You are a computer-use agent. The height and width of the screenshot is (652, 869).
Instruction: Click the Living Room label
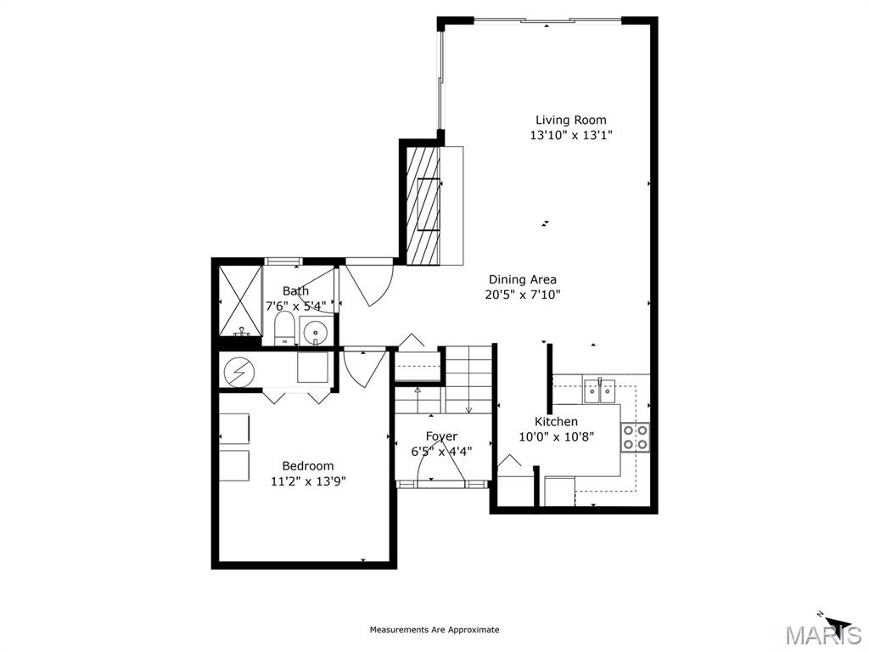pyautogui.click(x=571, y=120)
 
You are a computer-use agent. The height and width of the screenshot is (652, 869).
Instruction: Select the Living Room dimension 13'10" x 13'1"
pyautogui.click(x=571, y=135)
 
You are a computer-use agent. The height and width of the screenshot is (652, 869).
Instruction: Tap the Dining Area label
pyautogui.click(x=522, y=279)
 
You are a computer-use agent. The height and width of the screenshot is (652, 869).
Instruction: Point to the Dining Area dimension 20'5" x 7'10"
pyautogui.click(x=523, y=295)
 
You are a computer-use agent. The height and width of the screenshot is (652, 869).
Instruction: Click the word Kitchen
pyautogui.click(x=556, y=421)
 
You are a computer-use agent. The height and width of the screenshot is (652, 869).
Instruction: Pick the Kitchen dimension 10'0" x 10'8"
pyautogui.click(x=557, y=437)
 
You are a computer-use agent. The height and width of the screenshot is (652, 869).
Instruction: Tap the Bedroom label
pyautogui.click(x=308, y=466)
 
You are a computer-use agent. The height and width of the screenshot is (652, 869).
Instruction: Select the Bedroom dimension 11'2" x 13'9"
pyautogui.click(x=308, y=481)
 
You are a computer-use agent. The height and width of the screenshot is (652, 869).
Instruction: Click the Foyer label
pyautogui.click(x=441, y=436)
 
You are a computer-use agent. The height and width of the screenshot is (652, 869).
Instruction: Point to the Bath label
pyautogui.click(x=295, y=290)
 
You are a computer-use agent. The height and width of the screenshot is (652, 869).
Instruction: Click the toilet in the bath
pyautogui.click(x=284, y=328)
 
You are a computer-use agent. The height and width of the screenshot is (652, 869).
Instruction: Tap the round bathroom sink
pyautogui.click(x=315, y=332)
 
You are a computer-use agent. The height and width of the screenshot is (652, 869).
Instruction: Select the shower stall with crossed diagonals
pyautogui.click(x=240, y=301)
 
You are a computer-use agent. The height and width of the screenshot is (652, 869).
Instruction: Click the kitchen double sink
pyautogui.click(x=600, y=390)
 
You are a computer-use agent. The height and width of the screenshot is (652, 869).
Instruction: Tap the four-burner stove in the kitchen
pyautogui.click(x=635, y=437)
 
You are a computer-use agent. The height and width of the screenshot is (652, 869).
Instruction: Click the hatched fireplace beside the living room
pyautogui.click(x=423, y=205)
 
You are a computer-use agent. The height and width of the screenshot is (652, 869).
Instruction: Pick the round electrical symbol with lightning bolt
pyautogui.click(x=239, y=372)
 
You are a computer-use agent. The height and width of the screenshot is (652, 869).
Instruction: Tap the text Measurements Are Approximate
pyautogui.click(x=434, y=629)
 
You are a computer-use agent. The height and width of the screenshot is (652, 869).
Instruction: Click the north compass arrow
pyautogui.click(x=835, y=623)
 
